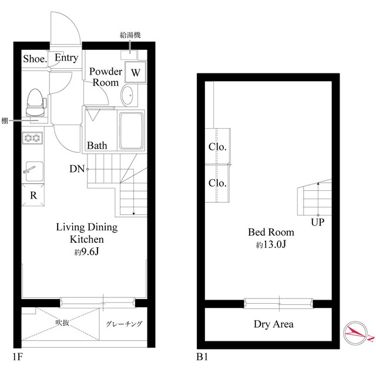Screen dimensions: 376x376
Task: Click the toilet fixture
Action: point(35,102)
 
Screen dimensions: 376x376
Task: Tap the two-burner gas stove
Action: point(33,138)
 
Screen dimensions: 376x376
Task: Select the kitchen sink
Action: point(34,172)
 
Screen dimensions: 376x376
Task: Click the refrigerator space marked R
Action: point(33,195)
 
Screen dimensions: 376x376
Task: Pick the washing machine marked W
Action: point(136,72)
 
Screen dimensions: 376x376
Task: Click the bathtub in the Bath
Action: point(132,130)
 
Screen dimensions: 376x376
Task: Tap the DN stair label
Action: point(77,169)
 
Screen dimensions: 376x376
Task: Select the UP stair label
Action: point(317,222)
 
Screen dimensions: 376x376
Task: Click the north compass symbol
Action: point(356,333)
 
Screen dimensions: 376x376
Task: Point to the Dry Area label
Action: point(274,324)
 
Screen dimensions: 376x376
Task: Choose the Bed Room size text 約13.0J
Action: point(271,244)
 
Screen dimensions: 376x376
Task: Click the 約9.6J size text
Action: point(86,252)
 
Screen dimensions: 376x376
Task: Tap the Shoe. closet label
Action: point(35,59)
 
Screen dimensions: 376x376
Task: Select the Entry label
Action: point(66,58)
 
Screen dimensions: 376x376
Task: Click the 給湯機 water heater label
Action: point(130,35)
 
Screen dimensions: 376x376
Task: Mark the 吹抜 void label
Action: point(62,323)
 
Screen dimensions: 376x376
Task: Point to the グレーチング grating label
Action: point(124,324)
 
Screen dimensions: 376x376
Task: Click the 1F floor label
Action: point(18,357)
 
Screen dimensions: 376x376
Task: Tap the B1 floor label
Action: point(202,357)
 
